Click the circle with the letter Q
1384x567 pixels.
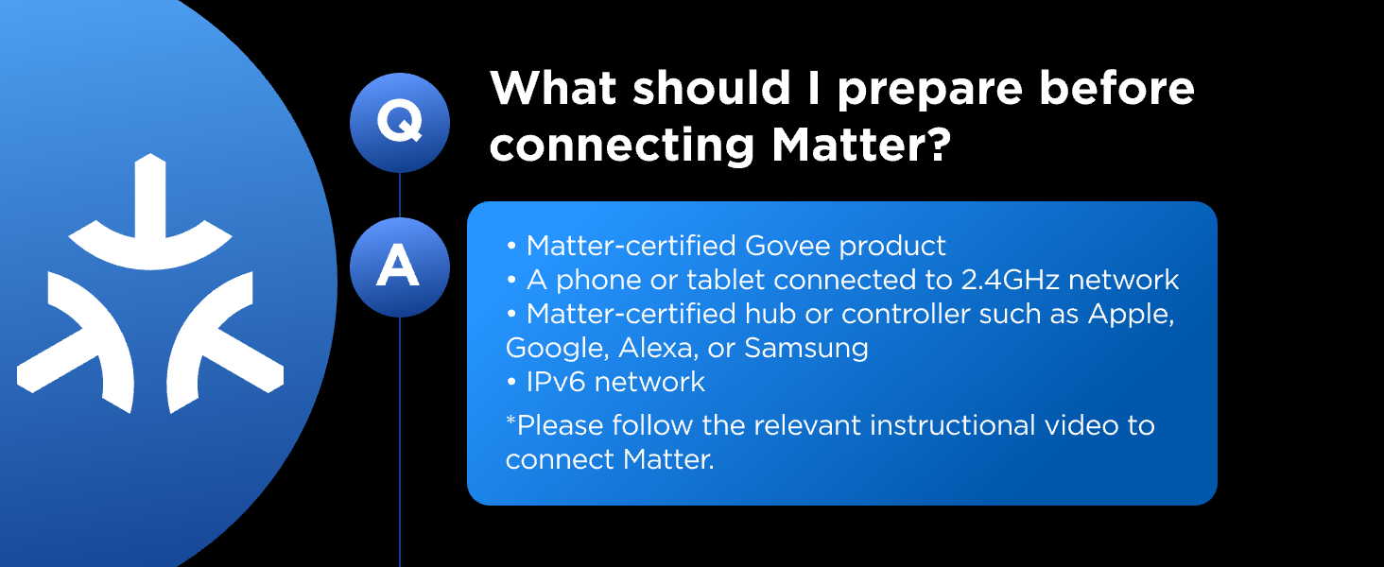click(x=399, y=123)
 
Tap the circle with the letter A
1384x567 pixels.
click(x=399, y=267)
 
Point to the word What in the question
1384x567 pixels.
click(x=553, y=89)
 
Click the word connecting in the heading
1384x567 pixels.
click(x=621, y=146)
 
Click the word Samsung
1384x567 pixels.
click(x=806, y=348)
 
